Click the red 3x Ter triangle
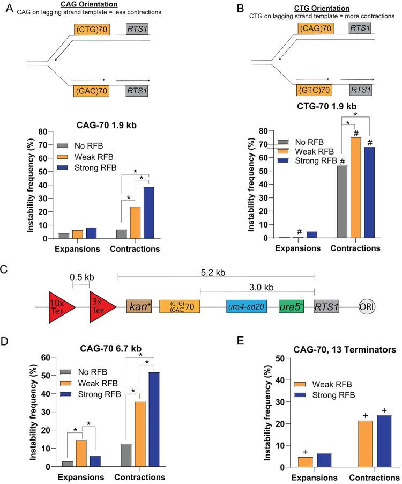pos(103,307)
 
